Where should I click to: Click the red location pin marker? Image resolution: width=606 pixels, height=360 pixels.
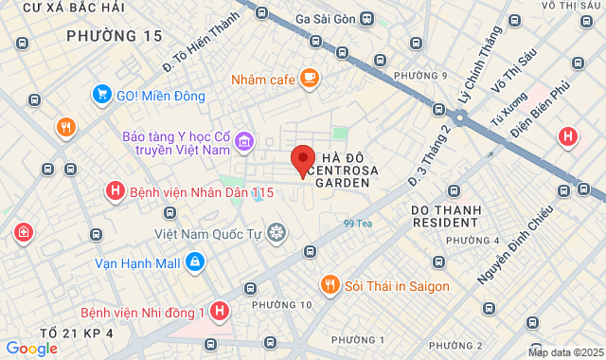[302, 160]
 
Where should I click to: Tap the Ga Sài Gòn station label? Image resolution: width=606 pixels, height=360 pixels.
[324, 19]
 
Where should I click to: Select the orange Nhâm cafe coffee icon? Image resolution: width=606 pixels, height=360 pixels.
[310, 79]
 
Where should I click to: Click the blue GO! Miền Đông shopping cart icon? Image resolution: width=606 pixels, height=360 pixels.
[102, 95]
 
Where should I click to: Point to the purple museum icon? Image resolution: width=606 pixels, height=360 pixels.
[244, 142]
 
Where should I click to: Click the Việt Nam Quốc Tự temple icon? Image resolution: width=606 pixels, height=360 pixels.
[276, 231]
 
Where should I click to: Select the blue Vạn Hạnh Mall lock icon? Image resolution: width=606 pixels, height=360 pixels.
[194, 261]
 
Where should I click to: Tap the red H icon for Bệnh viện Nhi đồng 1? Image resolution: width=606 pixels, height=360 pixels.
[220, 311]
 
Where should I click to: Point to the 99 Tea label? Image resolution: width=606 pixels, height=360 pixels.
[358, 224]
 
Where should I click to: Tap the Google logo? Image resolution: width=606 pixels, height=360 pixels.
[31, 348]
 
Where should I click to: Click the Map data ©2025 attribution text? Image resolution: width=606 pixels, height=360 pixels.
[564, 352]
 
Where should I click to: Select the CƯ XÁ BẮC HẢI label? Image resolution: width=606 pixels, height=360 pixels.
[74, 8]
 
